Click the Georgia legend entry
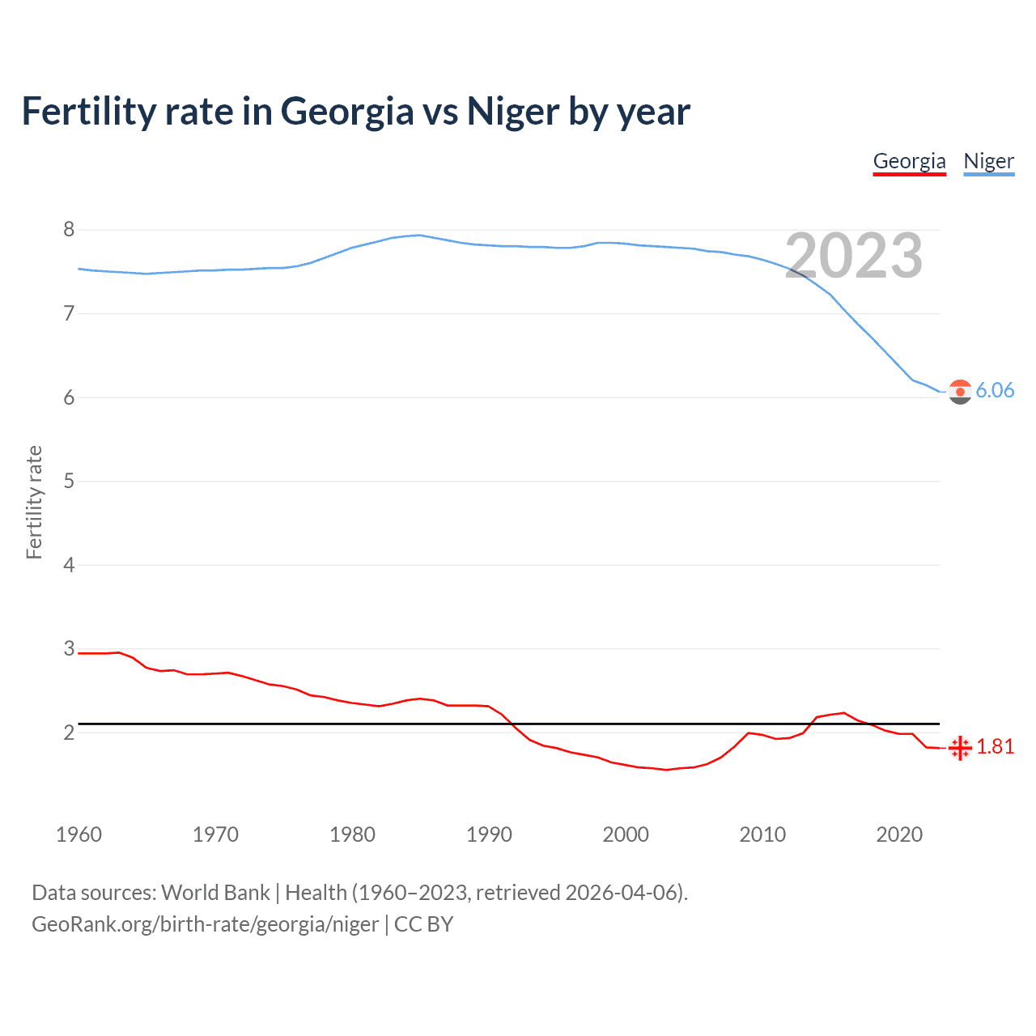909,161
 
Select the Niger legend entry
988,161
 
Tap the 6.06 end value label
995,390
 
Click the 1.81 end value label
995,746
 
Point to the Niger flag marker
960,392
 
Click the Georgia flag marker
960,748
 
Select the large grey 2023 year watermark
854,256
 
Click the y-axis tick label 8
69,230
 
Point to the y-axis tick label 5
69,482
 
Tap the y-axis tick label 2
69,732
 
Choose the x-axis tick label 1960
79,834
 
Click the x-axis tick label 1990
489,834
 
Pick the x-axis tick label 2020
899,834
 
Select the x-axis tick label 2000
626,834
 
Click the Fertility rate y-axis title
34,502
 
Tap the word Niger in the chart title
512,111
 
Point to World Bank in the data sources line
215,893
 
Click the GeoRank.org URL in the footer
205,924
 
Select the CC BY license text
423,924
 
